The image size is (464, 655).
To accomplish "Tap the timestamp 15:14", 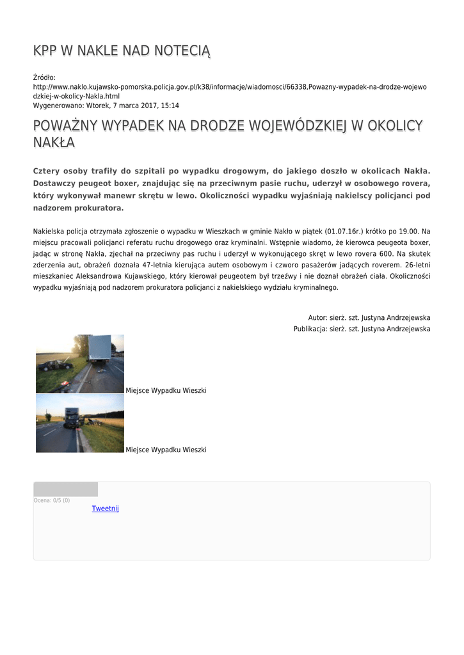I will pyautogui.click(x=170, y=106).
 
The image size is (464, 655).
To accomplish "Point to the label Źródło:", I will pyautogui.click(x=44, y=77).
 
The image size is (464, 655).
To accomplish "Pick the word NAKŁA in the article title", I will pyautogui.click(x=54, y=143).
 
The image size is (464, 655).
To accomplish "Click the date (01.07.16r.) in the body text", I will pyautogui.click(x=344, y=231).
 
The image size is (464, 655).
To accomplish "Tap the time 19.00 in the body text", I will pyautogui.click(x=408, y=231).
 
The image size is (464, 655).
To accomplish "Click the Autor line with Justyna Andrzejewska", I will pyautogui.click(x=369, y=317).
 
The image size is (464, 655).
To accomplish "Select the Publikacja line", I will pyautogui.click(x=362, y=329).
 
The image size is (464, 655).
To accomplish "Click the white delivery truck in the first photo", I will pyautogui.click(x=100, y=348).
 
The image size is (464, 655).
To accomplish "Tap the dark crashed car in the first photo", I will pyautogui.click(x=55, y=365).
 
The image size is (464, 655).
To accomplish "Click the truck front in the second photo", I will pyautogui.click(x=72, y=418).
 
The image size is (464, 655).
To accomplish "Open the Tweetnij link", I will pyautogui.click(x=105, y=509).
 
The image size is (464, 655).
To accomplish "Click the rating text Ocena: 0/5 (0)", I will pyautogui.click(x=52, y=500).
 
